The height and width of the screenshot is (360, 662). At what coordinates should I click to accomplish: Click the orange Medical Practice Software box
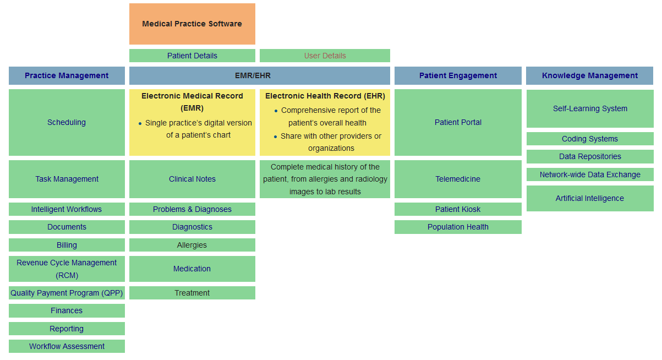[x=192, y=24]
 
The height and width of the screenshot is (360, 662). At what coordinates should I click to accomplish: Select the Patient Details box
[x=192, y=56]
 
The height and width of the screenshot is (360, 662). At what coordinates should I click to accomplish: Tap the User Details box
[x=325, y=56]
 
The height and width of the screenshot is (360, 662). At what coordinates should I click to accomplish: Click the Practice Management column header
[x=67, y=75]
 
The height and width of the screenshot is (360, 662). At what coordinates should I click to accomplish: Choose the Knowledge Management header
[x=589, y=75]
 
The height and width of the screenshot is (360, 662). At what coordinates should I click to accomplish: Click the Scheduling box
[x=67, y=122]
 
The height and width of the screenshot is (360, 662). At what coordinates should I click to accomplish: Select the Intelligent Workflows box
[x=67, y=209]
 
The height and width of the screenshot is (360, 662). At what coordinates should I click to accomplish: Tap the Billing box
[x=67, y=245]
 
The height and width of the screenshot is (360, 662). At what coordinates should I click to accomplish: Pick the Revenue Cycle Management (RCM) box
[x=67, y=269]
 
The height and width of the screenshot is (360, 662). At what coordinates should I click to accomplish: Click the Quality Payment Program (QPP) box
[x=67, y=293]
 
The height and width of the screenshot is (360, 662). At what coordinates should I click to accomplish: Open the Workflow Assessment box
[x=67, y=346]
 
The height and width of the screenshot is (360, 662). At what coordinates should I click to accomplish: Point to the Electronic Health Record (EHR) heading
[x=325, y=96]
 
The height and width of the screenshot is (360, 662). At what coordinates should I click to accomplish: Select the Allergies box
[x=192, y=245]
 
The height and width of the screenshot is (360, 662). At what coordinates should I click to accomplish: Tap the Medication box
[x=192, y=269]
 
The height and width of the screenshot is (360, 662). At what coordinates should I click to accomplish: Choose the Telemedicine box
[x=458, y=179]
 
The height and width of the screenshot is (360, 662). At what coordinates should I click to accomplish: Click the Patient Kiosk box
[x=458, y=209]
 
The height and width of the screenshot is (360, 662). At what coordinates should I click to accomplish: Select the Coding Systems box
[x=589, y=139]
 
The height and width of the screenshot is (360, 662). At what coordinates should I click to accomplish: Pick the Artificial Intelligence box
[x=589, y=198]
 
